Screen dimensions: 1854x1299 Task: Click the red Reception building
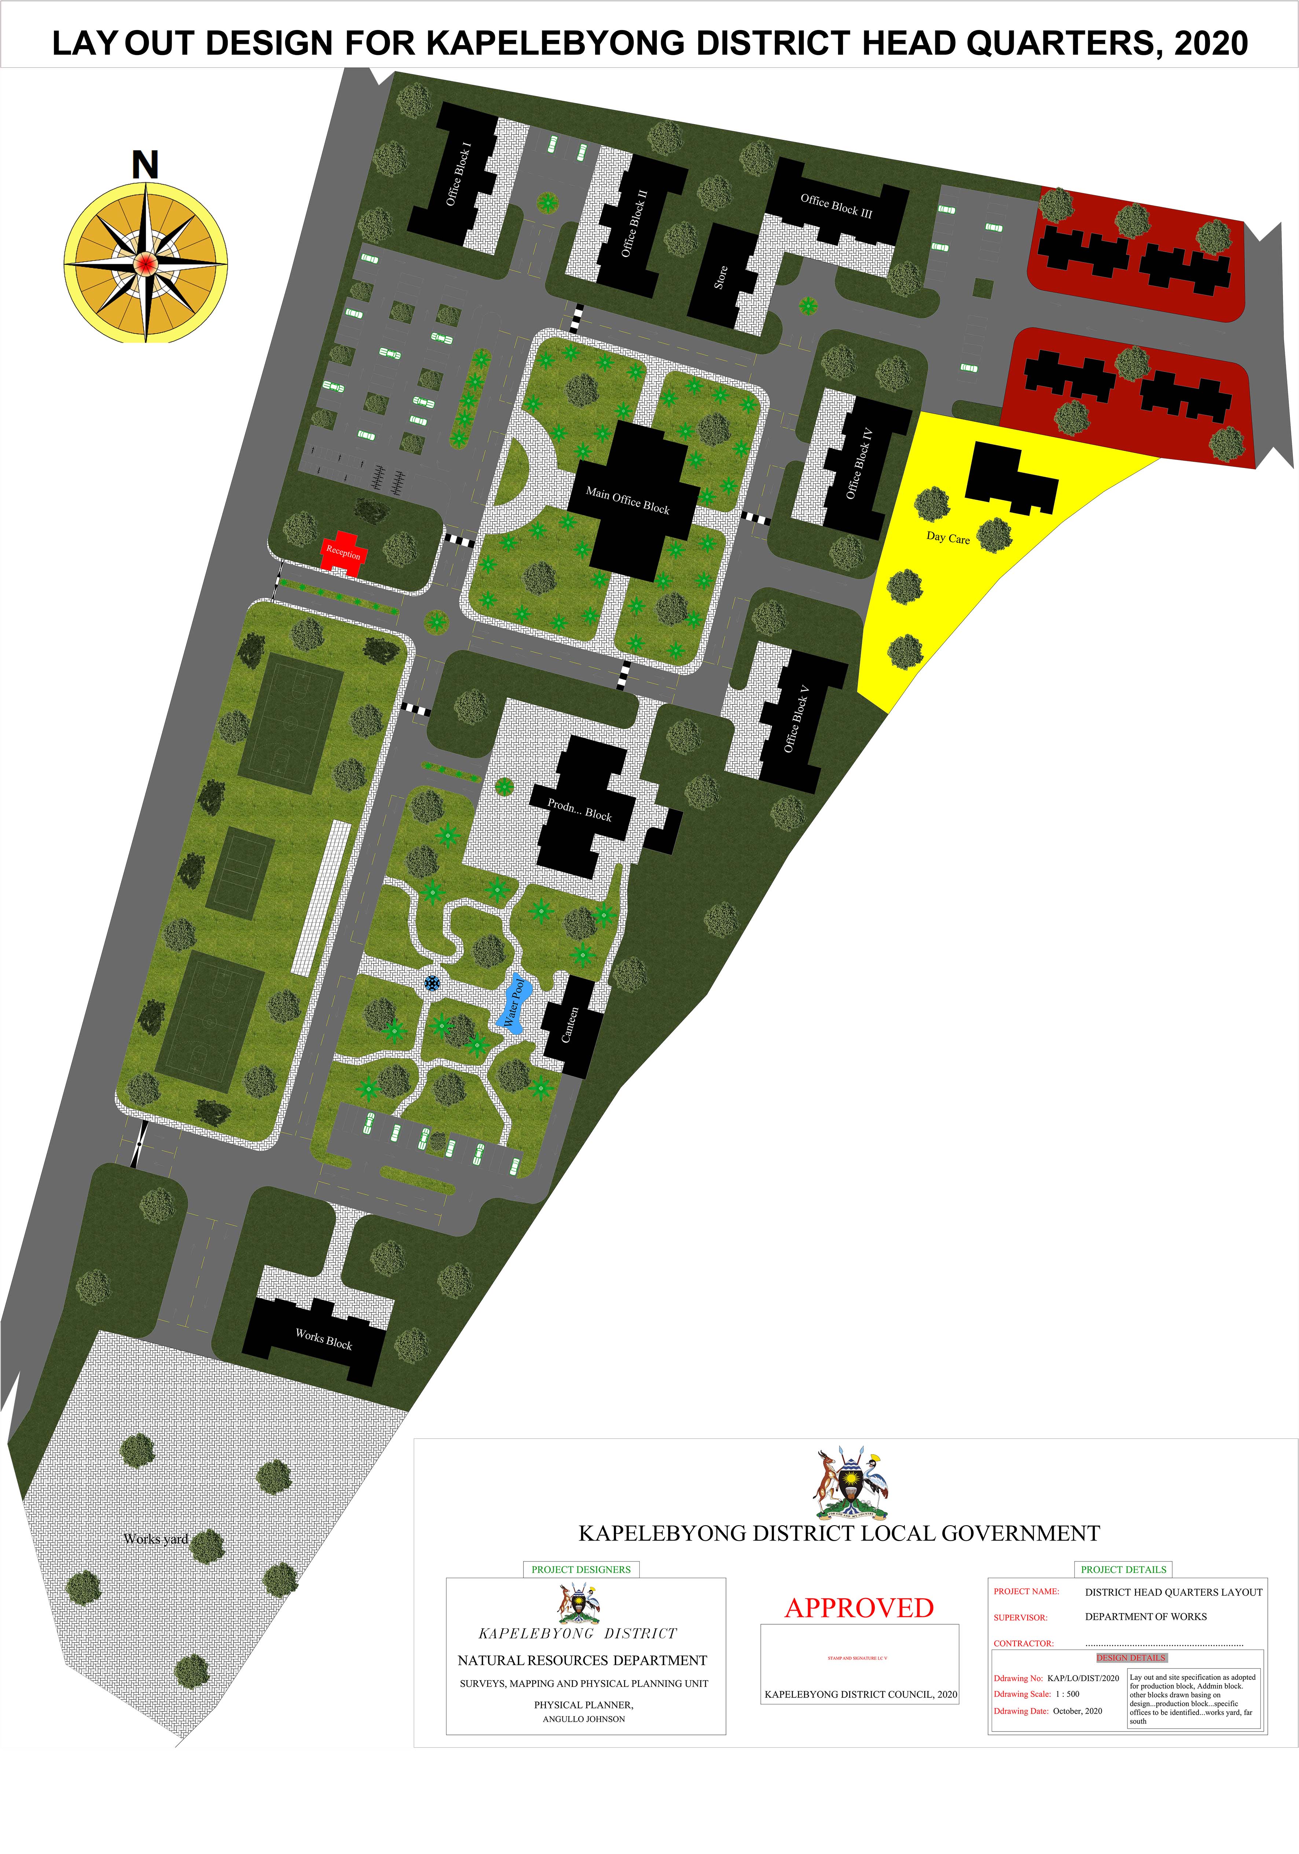(343, 553)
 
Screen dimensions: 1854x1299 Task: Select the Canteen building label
(570, 1024)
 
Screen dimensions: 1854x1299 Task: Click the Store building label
(720, 277)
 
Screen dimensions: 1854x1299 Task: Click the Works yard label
(156, 1539)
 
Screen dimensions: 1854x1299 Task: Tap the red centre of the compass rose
(146, 262)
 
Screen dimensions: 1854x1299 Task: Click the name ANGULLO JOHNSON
(583, 1719)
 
